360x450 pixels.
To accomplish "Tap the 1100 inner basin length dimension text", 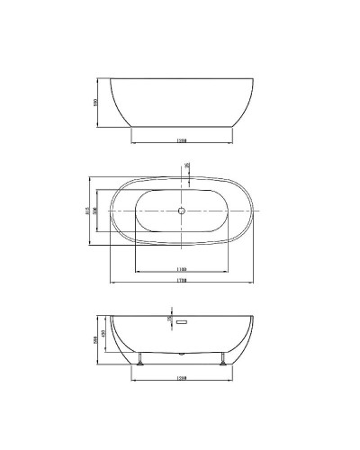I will (181, 269).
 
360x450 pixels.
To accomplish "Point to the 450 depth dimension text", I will (106, 337).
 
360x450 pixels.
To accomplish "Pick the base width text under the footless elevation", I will (181, 141).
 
